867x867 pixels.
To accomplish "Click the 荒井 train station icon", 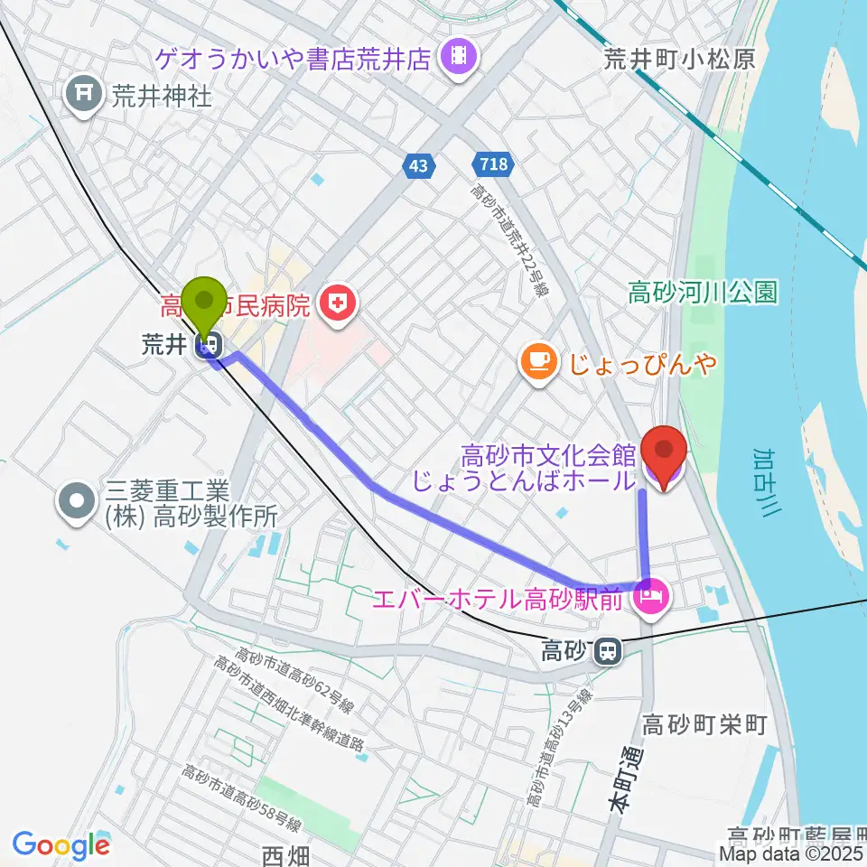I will pos(212,344).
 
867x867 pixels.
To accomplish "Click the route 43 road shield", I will pos(418,165).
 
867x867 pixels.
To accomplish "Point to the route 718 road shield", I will pos(492,165).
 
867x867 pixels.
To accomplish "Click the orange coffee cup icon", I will pos(539,362).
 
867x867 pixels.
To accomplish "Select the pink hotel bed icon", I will pos(649,597).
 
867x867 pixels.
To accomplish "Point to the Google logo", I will pos(61,845).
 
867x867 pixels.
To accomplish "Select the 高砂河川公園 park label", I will pos(703,293).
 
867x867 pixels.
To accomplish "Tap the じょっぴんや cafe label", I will pos(643,363).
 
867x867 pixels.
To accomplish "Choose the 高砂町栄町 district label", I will pos(704,723).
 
